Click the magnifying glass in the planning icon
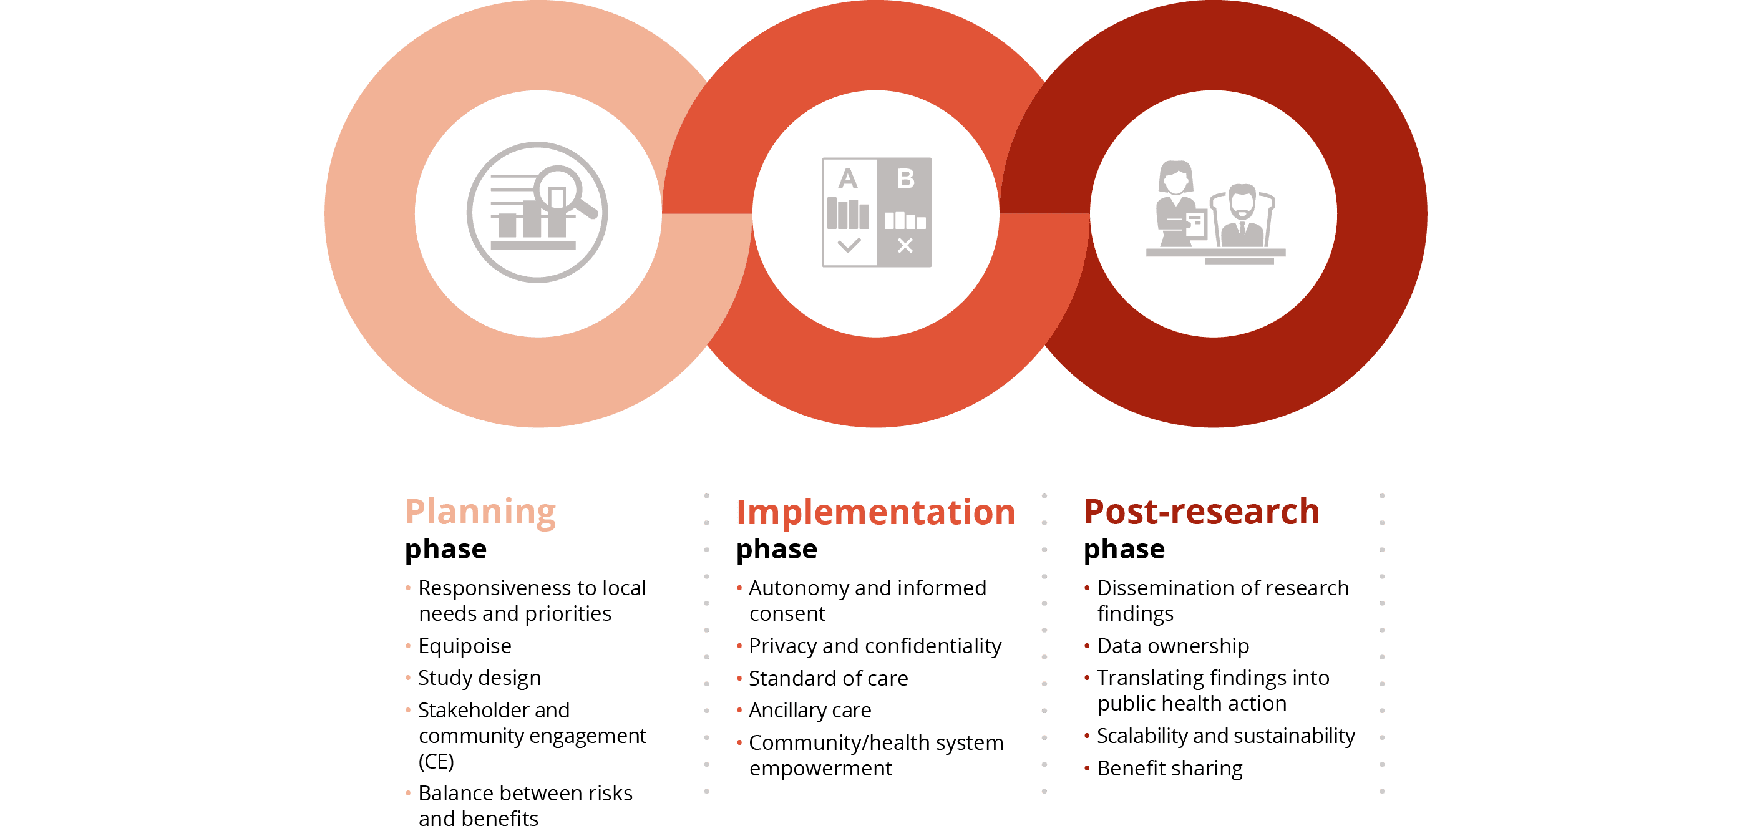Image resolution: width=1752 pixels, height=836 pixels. [558, 191]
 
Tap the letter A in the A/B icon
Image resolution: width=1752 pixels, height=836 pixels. [847, 180]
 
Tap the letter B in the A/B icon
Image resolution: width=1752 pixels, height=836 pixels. [905, 179]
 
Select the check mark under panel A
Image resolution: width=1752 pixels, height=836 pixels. [849, 245]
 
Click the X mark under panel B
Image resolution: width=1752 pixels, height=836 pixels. [905, 246]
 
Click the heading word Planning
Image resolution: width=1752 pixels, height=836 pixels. [480, 512]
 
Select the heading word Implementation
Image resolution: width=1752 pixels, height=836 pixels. [875, 512]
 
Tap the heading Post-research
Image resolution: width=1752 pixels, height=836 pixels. [1201, 512]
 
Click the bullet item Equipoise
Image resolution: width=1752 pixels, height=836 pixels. [465, 646]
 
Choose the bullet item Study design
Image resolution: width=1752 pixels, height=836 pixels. [479, 678]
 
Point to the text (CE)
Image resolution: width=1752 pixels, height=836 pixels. [436, 761]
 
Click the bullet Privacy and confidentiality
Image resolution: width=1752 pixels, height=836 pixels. [875, 646]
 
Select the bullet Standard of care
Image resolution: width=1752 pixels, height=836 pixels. [828, 678]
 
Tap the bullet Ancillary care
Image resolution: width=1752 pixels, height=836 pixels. [809, 710]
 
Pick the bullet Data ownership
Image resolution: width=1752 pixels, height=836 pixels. [1172, 646]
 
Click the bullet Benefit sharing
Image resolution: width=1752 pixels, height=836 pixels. [1169, 768]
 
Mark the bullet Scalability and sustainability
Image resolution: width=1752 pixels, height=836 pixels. [1225, 736]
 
